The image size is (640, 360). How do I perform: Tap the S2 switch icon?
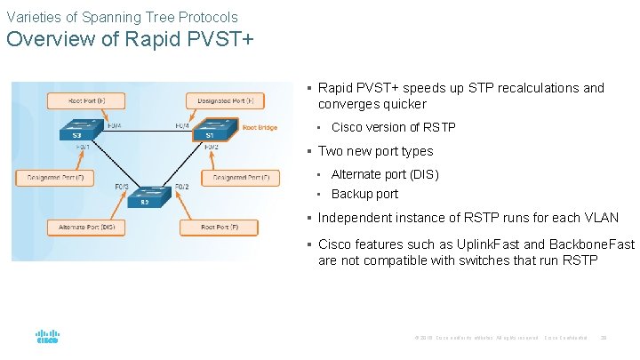click(144, 197)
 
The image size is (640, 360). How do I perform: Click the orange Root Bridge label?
click(260, 127)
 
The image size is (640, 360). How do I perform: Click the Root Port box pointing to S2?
click(214, 228)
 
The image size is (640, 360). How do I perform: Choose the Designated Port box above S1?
click(226, 100)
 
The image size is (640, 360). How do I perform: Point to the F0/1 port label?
click(83, 147)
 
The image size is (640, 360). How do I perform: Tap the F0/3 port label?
click(122, 187)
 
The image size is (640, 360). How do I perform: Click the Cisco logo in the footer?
click(47, 338)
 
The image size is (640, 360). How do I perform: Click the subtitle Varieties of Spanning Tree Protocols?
click(122, 17)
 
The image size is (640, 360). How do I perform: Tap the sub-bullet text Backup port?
click(364, 194)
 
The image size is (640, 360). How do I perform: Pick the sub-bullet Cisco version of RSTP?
click(393, 127)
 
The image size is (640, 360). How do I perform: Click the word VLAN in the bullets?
click(600, 218)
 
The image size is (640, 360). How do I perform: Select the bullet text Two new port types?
click(375, 151)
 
